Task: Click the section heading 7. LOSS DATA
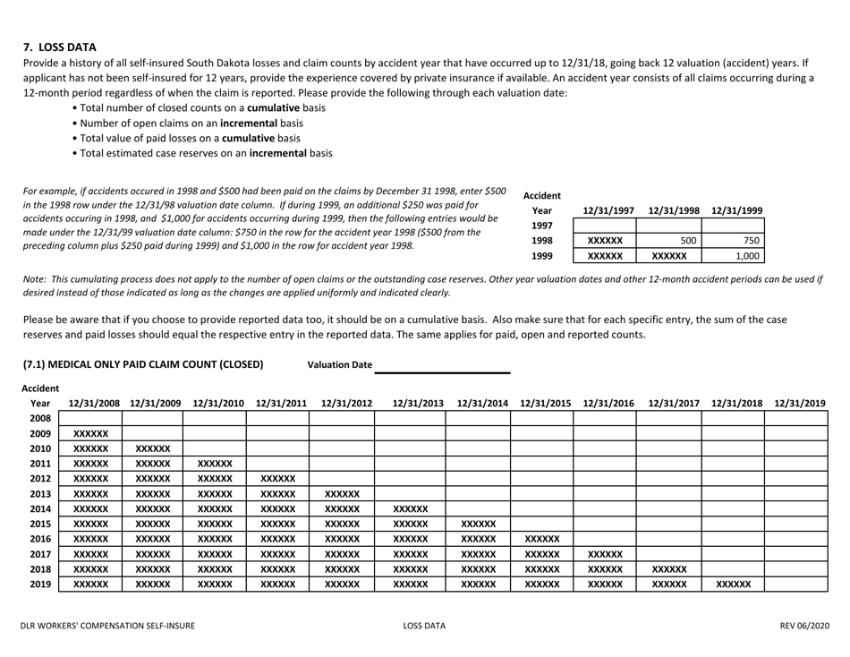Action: coord(59,47)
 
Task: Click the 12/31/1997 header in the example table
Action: coord(608,210)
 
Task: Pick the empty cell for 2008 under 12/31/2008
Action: coord(90,418)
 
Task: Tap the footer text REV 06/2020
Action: coord(803,625)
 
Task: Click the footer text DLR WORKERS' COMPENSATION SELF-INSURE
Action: coord(108,625)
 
